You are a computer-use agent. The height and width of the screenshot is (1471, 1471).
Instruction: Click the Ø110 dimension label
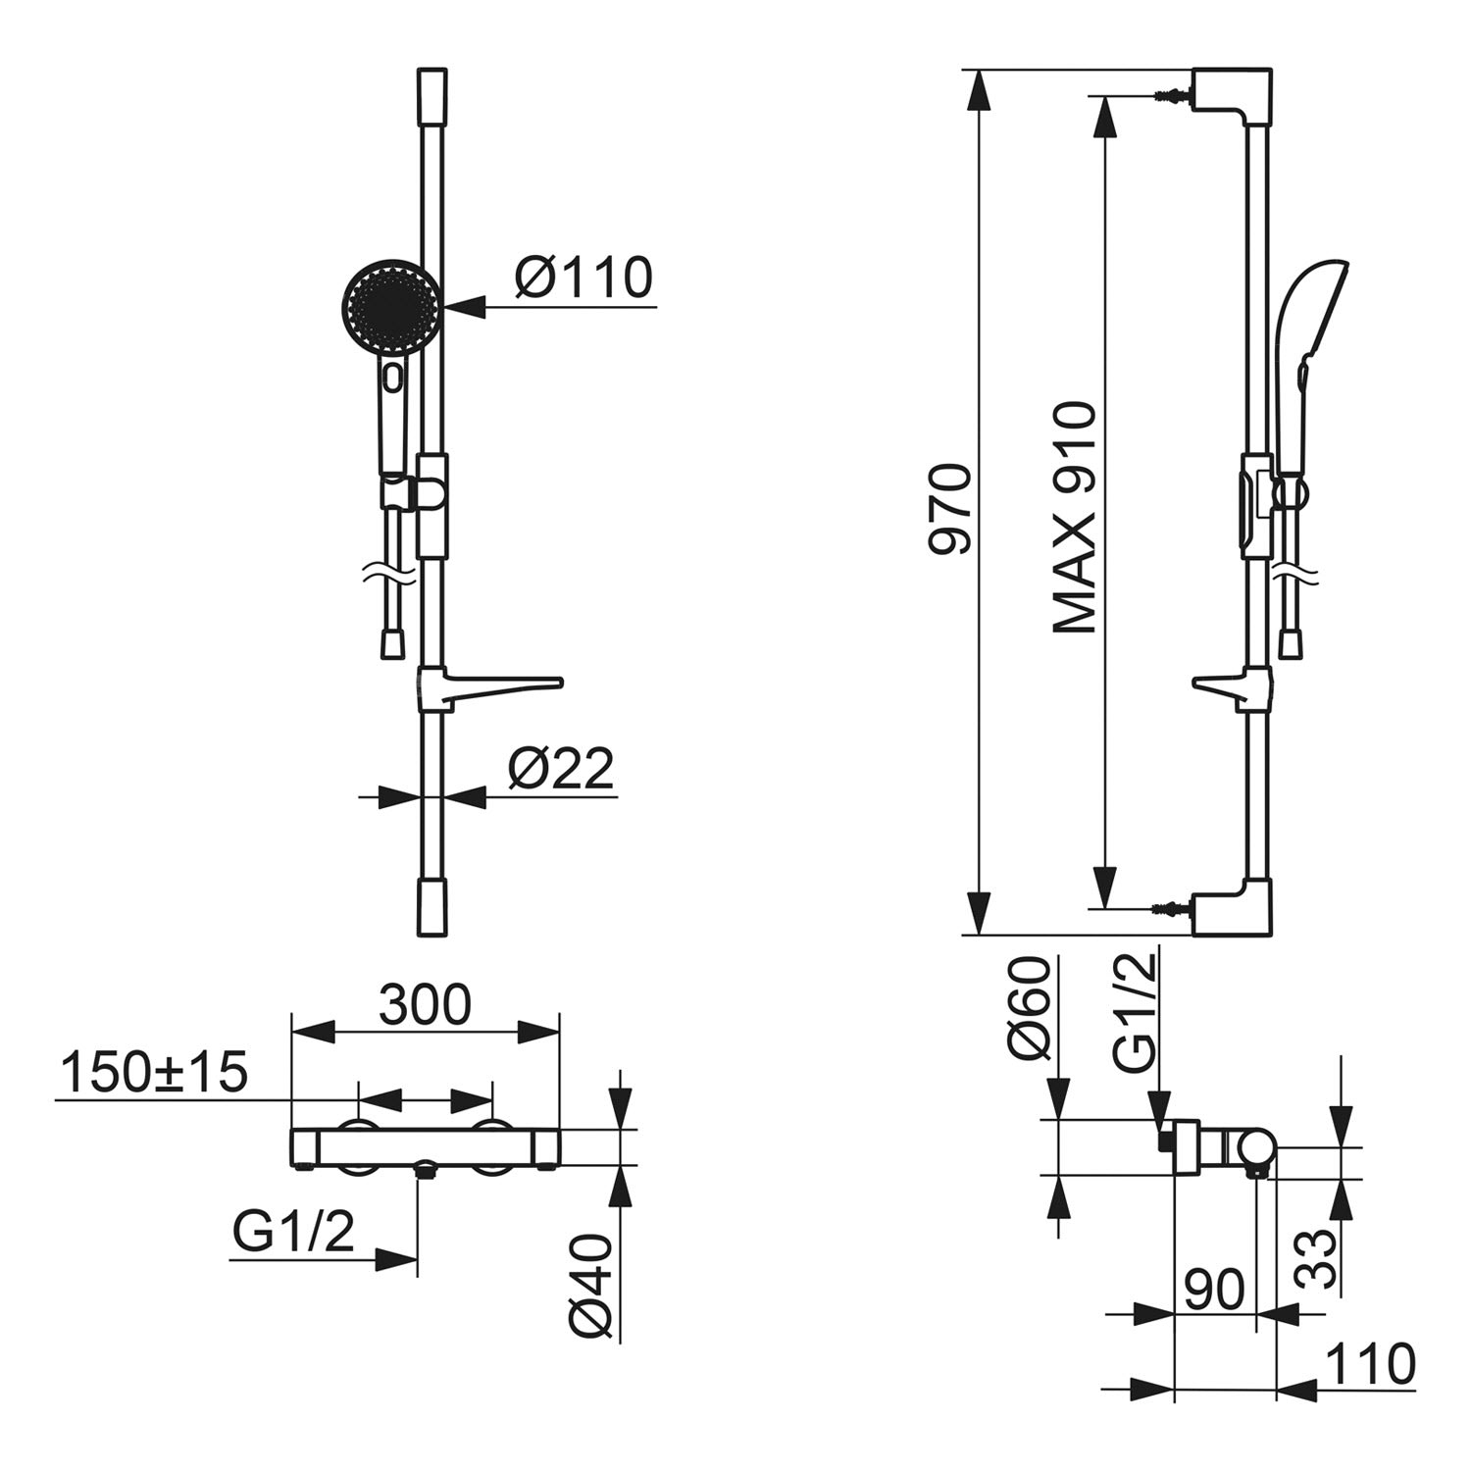583,278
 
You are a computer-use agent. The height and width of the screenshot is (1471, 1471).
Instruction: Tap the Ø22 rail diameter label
561,768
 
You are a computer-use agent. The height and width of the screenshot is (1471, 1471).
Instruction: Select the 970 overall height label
950,510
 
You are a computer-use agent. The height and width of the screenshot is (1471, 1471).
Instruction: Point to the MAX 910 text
1074,518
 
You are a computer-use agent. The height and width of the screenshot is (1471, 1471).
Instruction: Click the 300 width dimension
426,1004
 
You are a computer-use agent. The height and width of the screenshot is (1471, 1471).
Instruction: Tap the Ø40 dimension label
591,1286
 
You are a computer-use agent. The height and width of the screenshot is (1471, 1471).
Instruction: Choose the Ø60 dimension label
1030,1009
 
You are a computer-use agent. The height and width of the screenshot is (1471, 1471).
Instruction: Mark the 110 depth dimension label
1370,1364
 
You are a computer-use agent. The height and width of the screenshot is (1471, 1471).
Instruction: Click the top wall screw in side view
1171,97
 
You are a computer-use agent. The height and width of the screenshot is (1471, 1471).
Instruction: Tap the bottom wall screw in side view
1171,908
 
